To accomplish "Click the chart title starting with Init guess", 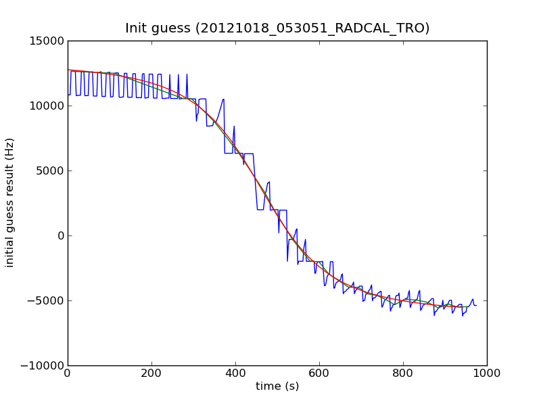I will (x=277, y=28).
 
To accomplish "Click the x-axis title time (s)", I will (x=277, y=386).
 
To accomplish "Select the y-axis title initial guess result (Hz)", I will (x=10, y=203).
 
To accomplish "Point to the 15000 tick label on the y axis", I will (x=47, y=41).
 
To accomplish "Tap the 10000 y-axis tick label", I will (x=47, y=106).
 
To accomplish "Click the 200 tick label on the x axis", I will (x=151, y=372).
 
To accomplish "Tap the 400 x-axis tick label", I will (x=235, y=372).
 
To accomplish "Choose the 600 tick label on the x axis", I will (x=319, y=372).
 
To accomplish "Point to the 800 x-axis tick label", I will (x=403, y=372).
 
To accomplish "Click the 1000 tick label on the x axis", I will (x=487, y=372).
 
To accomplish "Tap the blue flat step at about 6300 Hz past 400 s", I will (x=249, y=154).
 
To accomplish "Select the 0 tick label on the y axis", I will (x=60, y=235).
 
